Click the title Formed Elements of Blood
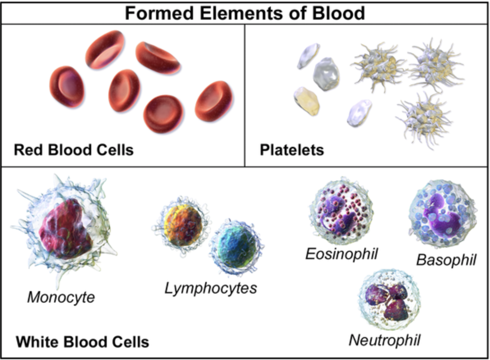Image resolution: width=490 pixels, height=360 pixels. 245,14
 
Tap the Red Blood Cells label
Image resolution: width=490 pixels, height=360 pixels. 73,150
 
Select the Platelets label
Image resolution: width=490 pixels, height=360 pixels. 292,150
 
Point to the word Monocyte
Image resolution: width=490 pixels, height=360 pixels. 61,297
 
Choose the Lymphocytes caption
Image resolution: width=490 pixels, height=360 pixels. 211,288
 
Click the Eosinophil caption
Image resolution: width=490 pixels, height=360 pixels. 341,254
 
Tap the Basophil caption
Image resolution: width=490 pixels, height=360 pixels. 446,259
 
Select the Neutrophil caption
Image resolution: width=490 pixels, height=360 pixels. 385,339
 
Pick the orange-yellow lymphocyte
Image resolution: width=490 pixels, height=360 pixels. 179,223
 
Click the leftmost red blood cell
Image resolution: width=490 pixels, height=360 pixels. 67,87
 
